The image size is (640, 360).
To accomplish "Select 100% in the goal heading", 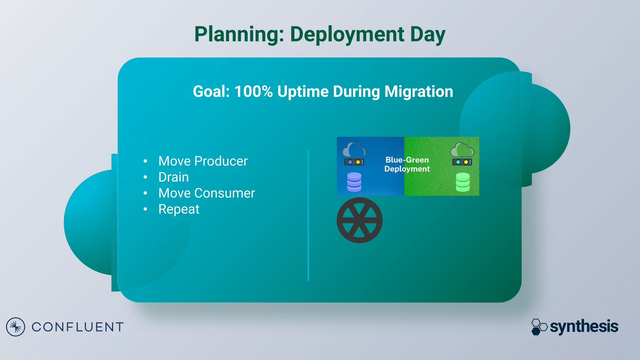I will click(x=253, y=92).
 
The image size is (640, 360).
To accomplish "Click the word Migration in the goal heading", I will click(x=418, y=92).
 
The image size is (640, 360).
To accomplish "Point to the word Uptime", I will click(x=303, y=92).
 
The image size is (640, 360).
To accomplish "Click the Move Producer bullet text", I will click(x=203, y=161).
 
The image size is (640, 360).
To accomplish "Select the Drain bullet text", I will click(x=173, y=177).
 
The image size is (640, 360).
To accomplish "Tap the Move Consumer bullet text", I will click(x=207, y=193).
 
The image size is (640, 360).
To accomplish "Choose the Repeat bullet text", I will click(x=179, y=209).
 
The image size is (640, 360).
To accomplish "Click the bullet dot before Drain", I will click(x=145, y=177).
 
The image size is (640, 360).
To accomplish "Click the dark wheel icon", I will click(x=359, y=220).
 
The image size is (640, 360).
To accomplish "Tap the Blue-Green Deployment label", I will click(x=407, y=164).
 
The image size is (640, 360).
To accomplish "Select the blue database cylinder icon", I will click(x=354, y=182).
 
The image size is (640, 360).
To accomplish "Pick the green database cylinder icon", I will click(x=462, y=182).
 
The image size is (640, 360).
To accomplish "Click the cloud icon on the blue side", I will click(x=354, y=150).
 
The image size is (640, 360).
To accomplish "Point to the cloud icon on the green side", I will click(x=462, y=150).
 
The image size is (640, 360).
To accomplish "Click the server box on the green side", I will click(x=462, y=162).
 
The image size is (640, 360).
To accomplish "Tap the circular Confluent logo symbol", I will click(x=15, y=327).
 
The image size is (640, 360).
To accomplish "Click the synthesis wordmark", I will click(x=584, y=327).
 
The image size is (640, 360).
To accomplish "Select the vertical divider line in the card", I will click(x=308, y=216).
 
